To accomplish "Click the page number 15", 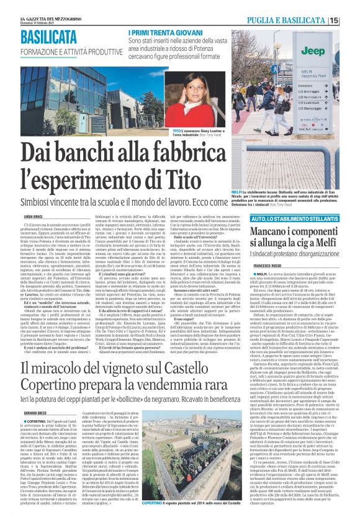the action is [x=352, y=20].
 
